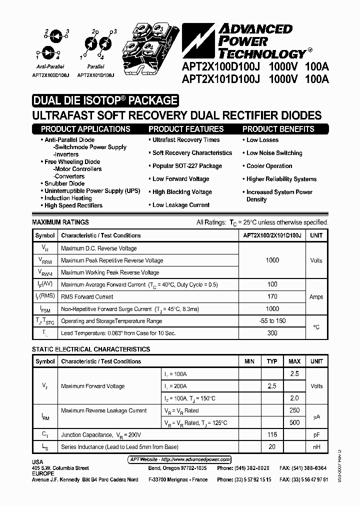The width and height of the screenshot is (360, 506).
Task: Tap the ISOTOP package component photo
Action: (150, 45)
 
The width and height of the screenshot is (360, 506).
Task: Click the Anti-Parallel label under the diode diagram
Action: (48, 66)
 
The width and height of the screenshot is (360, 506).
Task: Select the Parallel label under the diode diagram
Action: (95, 66)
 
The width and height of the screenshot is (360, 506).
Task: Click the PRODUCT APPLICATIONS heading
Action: (85, 129)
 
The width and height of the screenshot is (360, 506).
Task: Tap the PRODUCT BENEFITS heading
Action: (278, 129)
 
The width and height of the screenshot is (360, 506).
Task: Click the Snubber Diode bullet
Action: (64, 183)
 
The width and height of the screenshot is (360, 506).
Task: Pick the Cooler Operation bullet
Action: (269, 166)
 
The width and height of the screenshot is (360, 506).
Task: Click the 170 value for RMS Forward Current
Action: (272, 296)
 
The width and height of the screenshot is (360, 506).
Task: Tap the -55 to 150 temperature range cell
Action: (272, 320)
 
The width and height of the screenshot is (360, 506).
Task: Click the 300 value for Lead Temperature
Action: (272, 333)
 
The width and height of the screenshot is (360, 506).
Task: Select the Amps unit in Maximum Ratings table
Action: (316, 296)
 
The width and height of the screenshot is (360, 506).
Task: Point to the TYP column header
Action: (272, 361)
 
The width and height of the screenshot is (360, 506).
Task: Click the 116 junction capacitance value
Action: (272, 434)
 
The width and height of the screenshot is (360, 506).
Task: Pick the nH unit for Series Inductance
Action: (316, 446)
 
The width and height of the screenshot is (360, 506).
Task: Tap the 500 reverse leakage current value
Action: (294, 422)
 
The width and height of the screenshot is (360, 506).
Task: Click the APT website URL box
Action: (177, 459)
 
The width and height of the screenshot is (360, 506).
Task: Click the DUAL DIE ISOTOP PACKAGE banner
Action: (105, 100)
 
